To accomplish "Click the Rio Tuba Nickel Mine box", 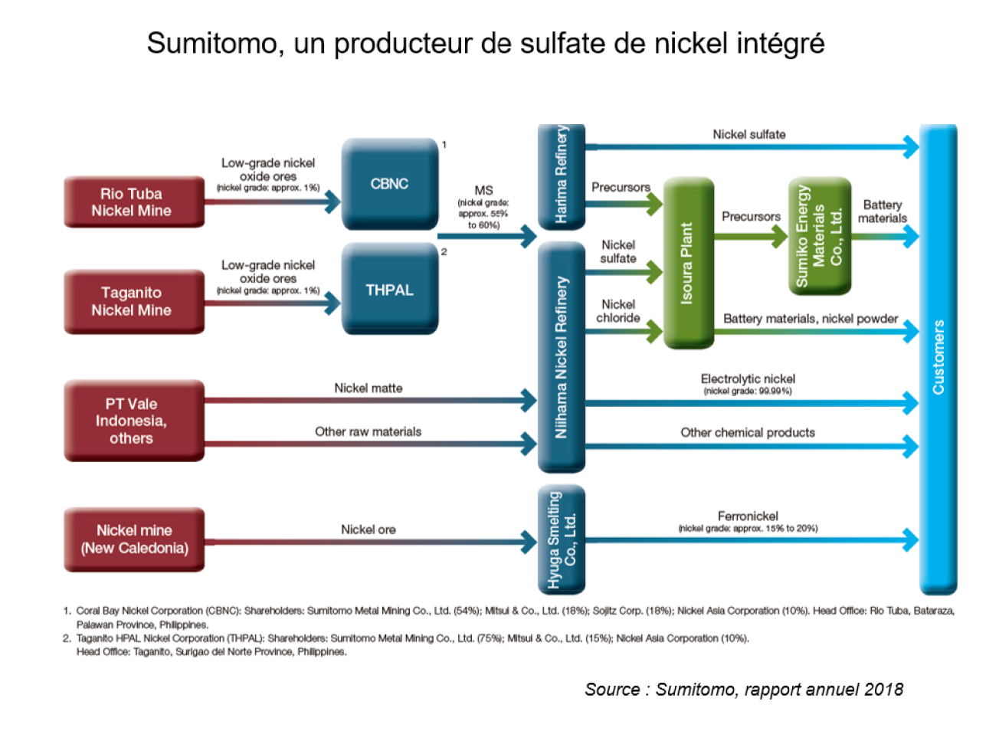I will tap(134, 202).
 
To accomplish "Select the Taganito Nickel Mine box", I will tap(134, 301).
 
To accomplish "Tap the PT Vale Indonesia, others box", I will tap(134, 421).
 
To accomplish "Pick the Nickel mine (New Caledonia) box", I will tap(134, 539).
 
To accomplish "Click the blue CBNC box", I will tap(390, 184).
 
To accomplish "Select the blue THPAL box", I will tap(390, 290).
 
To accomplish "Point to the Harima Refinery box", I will tap(562, 176).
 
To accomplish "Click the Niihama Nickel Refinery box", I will tap(562, 357).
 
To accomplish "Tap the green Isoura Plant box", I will tap(688, 263).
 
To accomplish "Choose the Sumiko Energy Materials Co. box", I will tap(819, 235).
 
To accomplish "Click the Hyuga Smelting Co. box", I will tap(562, 539).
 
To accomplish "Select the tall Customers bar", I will tap(938, 358).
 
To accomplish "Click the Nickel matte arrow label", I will tap(368, 388).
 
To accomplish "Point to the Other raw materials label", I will tap(368, 432).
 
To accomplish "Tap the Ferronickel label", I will tap(748, 516).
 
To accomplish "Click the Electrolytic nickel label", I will tap(748, 379).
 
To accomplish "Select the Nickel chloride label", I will tap(618, 311).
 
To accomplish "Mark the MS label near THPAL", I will tap(483, 191).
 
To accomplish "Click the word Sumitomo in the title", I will tap(211, 44).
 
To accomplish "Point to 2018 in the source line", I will tap(883, 690).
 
